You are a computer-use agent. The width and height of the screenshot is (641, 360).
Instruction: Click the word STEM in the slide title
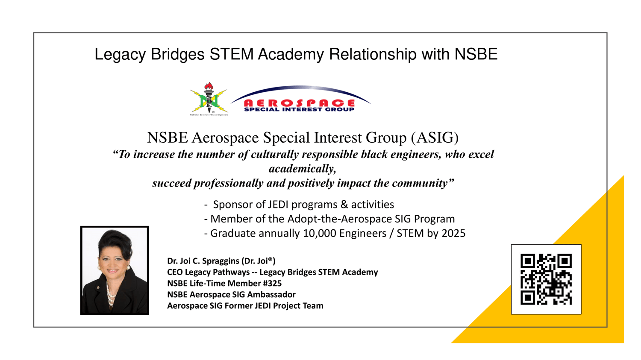tap(232, 54)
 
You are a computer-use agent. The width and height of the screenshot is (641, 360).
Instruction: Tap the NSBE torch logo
tap(209, 99)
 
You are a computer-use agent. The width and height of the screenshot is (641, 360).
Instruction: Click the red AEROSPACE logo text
tap(299, 103)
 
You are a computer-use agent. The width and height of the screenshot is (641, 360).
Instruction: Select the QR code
tap(546, 279)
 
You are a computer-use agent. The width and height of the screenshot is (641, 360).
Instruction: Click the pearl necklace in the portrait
tap(110, 293)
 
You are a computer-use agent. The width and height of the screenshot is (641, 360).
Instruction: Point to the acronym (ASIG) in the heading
tap(435, 138)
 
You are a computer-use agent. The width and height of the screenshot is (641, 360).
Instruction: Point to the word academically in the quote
tap(302, 169)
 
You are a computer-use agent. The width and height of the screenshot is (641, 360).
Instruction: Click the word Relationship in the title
tap(373, 54)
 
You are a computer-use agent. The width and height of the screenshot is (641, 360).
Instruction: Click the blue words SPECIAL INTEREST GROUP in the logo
tap(299, 109)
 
